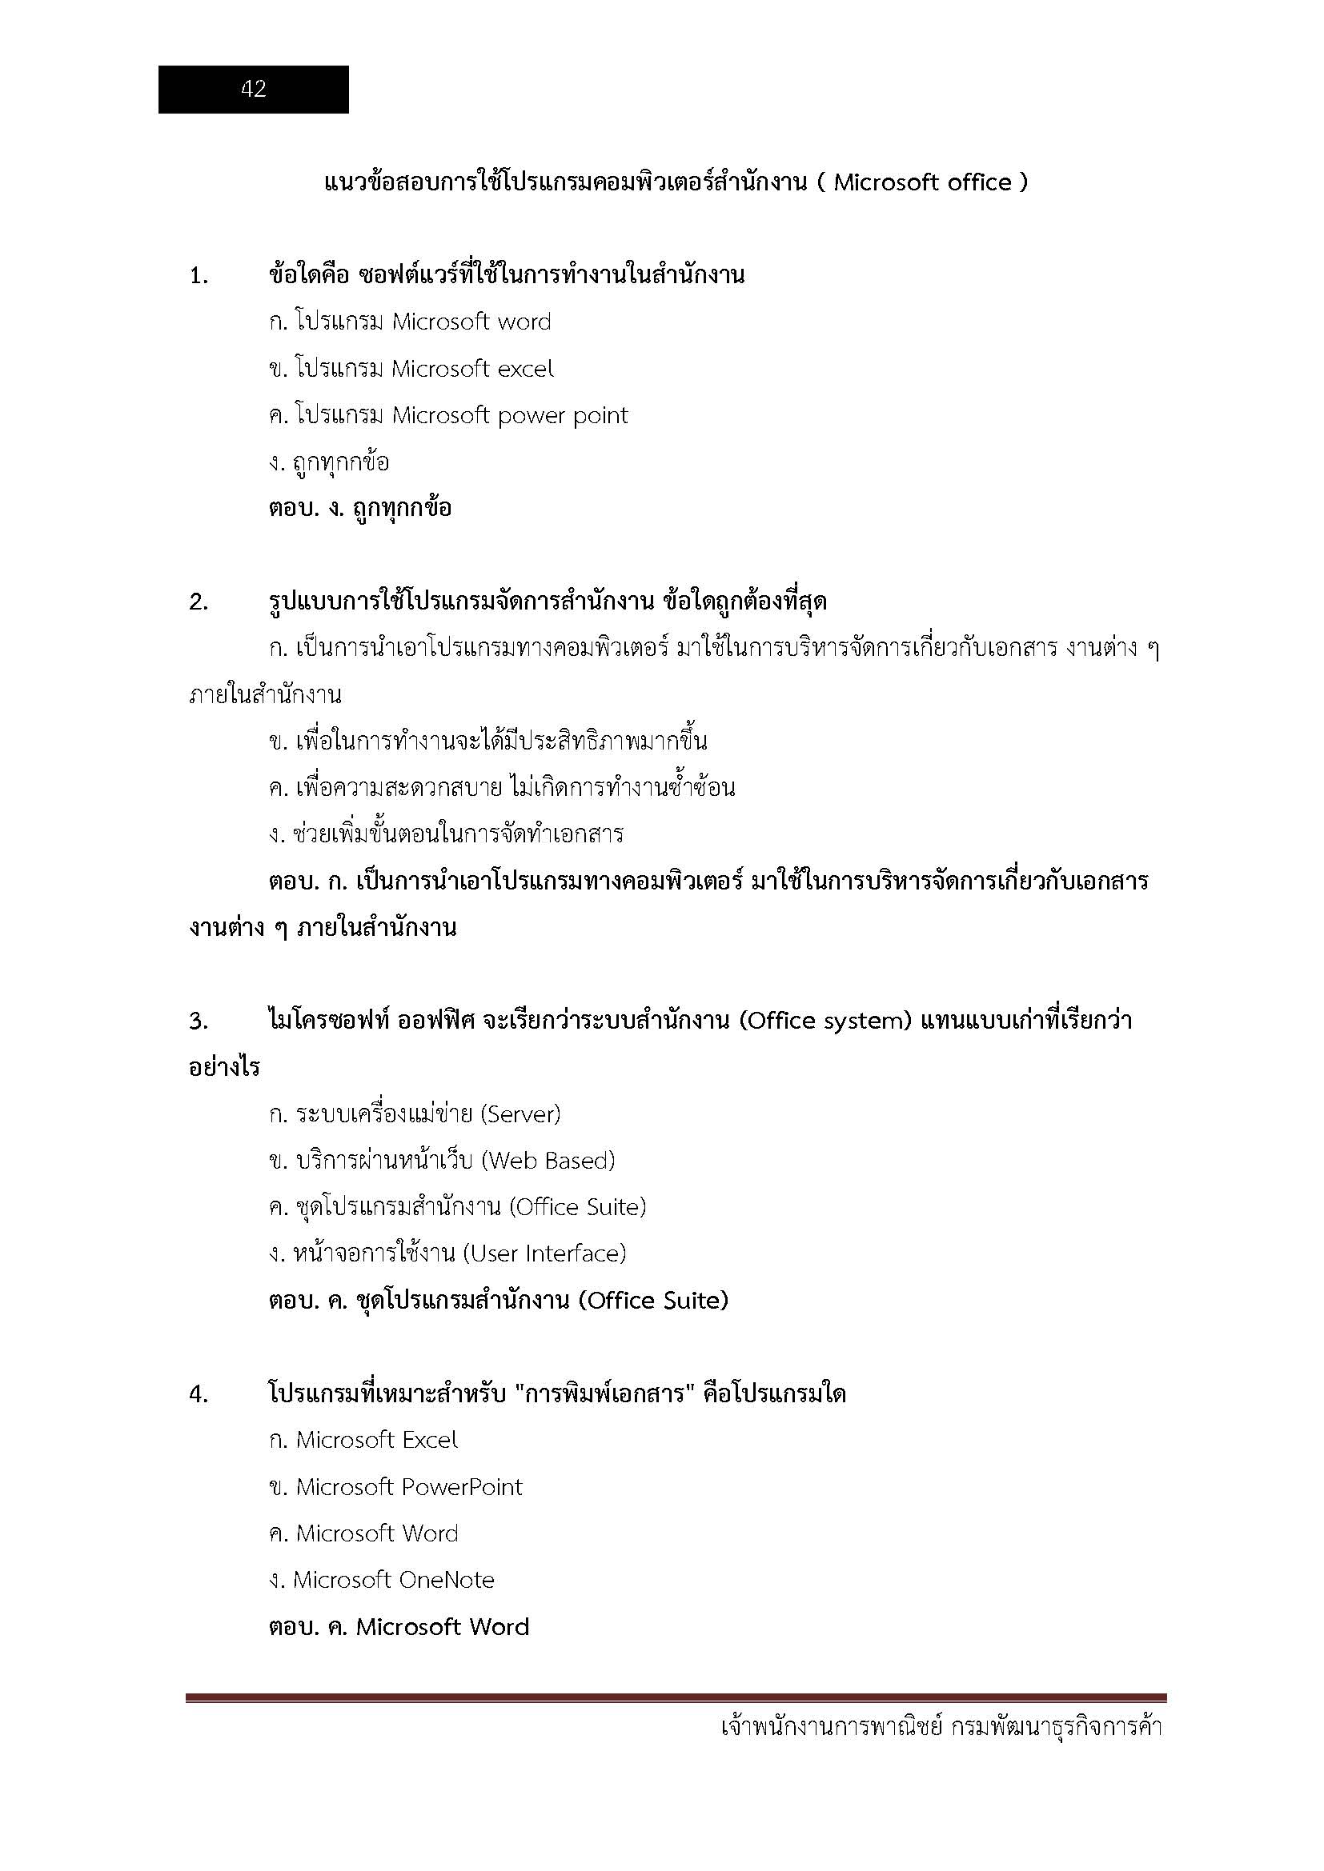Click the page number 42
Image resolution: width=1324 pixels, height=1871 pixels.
pos(254,89)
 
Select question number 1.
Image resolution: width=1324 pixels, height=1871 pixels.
pos(199,277)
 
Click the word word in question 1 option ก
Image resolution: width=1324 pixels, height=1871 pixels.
pos(524,322)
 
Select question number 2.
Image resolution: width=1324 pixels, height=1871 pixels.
pos(199,603)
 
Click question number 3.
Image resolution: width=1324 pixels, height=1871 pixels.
pos(199,1021)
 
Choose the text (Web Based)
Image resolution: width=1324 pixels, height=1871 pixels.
pos(548,1161)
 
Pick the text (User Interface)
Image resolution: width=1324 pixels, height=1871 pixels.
pos(544,1254)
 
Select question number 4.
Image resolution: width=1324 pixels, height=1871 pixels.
pos(199,1395)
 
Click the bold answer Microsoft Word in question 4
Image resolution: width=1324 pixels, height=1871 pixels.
pos(443,1628)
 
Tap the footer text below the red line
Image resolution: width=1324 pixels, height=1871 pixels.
pos(941,1728)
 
